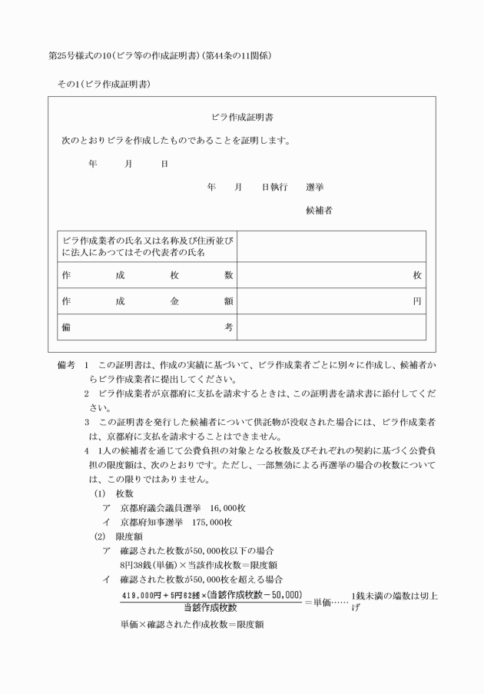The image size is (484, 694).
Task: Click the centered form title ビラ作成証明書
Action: (x=243, y=118)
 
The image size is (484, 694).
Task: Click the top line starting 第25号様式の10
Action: (x=160, y=57)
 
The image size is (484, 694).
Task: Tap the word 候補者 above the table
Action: (x=319, y=210)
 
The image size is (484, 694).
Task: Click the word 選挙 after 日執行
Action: (x=314, y=187)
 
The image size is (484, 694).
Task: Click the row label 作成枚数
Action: (x=147, y=275)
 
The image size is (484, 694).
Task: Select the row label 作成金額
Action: (x=147, y=301)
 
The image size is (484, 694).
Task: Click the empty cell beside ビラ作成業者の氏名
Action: (x=331, y=247)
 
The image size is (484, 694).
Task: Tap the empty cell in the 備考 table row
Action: (x=331, y=327)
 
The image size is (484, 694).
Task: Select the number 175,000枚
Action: (x=207, y=522)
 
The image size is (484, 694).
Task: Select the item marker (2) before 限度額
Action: (x=99, y=536)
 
